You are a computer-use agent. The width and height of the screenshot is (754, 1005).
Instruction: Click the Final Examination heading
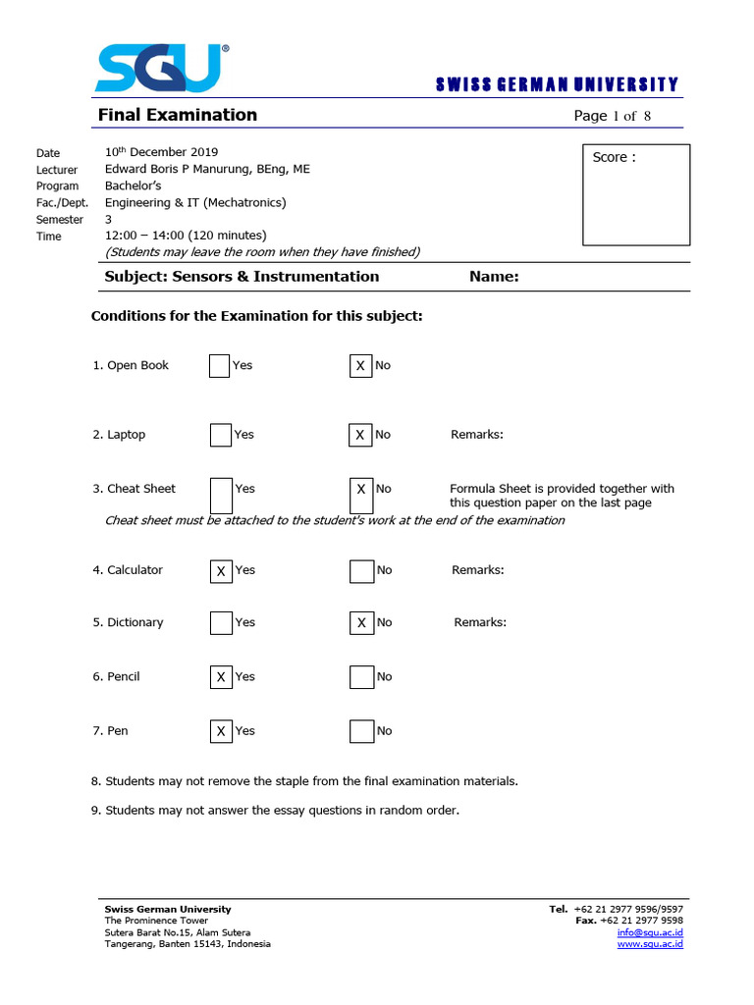(177, 115)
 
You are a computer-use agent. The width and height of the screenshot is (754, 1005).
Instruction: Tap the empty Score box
(635, 194)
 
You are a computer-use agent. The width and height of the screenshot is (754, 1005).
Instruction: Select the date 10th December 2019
(161, 152)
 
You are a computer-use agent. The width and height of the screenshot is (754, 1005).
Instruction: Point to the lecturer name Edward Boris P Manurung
(207, 169)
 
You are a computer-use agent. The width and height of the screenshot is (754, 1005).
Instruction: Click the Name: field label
(494, 277)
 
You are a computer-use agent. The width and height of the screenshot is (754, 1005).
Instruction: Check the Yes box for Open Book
(221, 366)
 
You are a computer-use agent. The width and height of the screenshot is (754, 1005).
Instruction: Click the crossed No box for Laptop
(360, 435)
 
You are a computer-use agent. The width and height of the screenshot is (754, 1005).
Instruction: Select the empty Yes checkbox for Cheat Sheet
(221, 495)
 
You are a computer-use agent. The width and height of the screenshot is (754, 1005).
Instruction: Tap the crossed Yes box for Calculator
(221, 570)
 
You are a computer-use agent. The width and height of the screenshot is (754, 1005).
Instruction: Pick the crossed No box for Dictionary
(360, 623)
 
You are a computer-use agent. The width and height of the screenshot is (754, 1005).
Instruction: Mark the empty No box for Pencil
(361, 677)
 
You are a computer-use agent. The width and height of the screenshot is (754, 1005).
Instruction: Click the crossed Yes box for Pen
(221, 731)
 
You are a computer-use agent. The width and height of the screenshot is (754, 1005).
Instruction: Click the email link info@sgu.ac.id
(650, 932)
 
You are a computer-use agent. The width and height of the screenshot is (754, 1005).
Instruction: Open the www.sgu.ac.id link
(650, 944)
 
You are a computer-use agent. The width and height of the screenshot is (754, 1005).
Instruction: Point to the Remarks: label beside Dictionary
(480, 622)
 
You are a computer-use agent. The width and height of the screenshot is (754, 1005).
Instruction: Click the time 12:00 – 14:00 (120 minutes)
(186, 236)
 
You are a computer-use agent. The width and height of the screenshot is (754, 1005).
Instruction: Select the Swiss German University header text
(557, 85)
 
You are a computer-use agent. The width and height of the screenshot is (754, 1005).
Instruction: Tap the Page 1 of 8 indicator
(613, 116)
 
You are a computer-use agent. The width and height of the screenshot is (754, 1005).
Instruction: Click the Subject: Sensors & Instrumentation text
(242, 277)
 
